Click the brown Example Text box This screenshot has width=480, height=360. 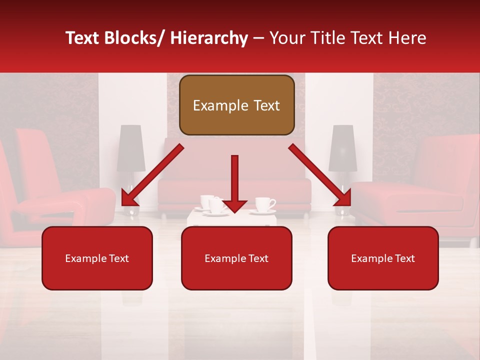pyautogui.click(x=236, y=105)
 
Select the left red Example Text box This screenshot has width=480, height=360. pyautogui.click(x=97, y=258)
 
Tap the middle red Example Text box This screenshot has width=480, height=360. pyautogui.click(x=236, y=258)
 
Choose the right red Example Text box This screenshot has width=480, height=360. pyautogui.click(x=383, y=258)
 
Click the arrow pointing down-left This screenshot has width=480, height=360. pyautogui.click(x=152, y=175)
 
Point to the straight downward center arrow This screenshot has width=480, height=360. pyautogui.click(x=234, y=183)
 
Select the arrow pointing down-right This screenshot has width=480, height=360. pyautogui.click(x=320, y=175)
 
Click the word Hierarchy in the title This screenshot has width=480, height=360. pyautogui.click(x=209, y=38)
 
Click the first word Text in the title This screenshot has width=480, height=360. pyautogui.click(x=83, y=38)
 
